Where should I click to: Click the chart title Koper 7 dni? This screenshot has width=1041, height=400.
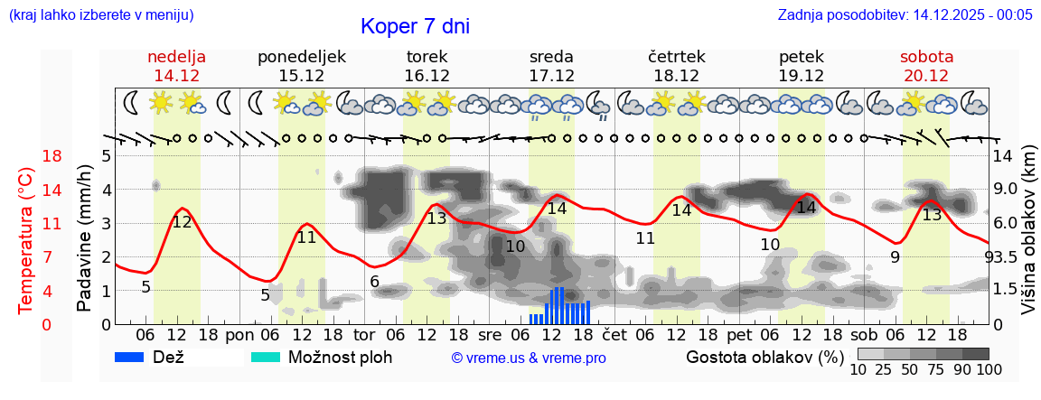click(x=415, y=26)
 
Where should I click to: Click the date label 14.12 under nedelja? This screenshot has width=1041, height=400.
click(x=177, y=76)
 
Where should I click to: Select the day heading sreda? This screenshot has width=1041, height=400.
click(x=551, y=57)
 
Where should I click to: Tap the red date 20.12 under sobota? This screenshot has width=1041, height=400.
click(x=926, y=76)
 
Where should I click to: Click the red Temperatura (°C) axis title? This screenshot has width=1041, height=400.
click(x=26, y=240)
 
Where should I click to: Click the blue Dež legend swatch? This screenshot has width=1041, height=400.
click(x=136, y=357)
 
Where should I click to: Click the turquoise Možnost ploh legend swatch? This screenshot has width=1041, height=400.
click(x=266, y=357)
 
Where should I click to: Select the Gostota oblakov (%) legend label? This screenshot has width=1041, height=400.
click(x=763, y=357)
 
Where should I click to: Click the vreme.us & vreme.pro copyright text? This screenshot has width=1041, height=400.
click(x=529, y=358)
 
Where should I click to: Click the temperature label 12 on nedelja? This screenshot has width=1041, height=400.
click(x=182, y=222)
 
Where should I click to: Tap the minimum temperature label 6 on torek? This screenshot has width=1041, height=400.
click(x=374, y=281)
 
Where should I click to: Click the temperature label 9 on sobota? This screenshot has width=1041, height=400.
click(x=895, y=257)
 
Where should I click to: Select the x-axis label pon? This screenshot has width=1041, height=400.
click(x=239, y=333)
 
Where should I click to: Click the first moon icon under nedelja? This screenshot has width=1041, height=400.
click(x=132, y=103)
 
